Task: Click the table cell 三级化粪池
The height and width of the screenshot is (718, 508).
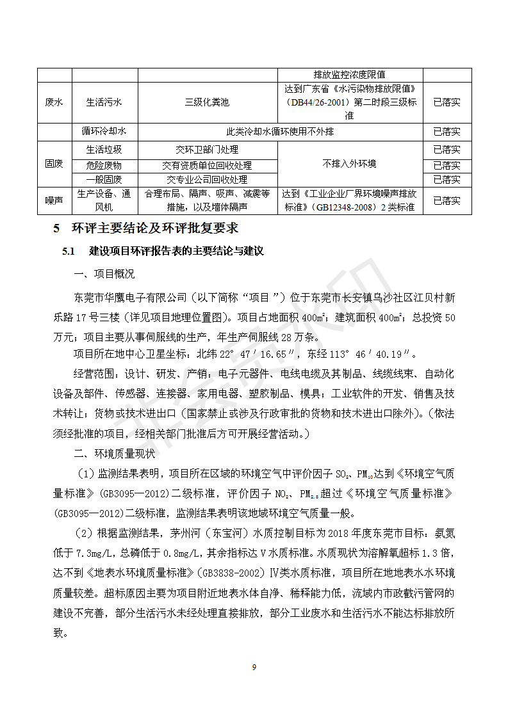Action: (207, 102)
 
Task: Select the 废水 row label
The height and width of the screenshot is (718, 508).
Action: (54, 102)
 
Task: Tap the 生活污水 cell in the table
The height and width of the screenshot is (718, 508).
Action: (104, 102)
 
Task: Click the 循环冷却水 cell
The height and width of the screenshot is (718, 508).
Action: (104, 132)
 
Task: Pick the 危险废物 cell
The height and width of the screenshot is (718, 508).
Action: (104, 165)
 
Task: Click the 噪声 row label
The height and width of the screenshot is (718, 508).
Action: (54, 200)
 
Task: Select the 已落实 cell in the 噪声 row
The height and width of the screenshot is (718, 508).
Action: (447, 200)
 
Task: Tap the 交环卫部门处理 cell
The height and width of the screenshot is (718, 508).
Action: (207, 150)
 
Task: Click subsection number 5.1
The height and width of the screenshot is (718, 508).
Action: (69, 251)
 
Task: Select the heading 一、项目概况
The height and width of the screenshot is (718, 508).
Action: (104, 274)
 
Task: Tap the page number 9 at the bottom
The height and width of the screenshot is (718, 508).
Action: (254, 667)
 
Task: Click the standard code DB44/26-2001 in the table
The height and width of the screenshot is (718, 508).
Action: (325, 102)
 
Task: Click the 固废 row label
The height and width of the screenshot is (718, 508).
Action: (54, 164)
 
